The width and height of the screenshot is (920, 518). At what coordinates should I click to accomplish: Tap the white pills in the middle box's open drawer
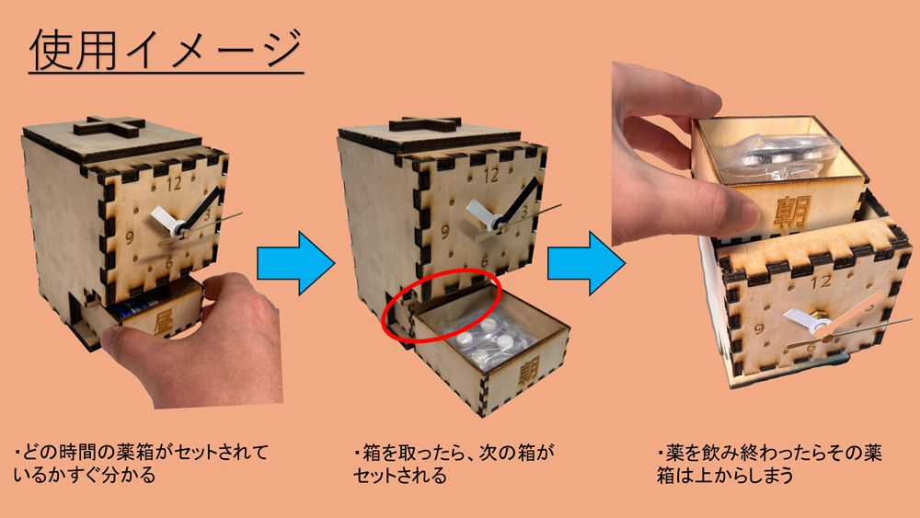coord(488,336)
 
